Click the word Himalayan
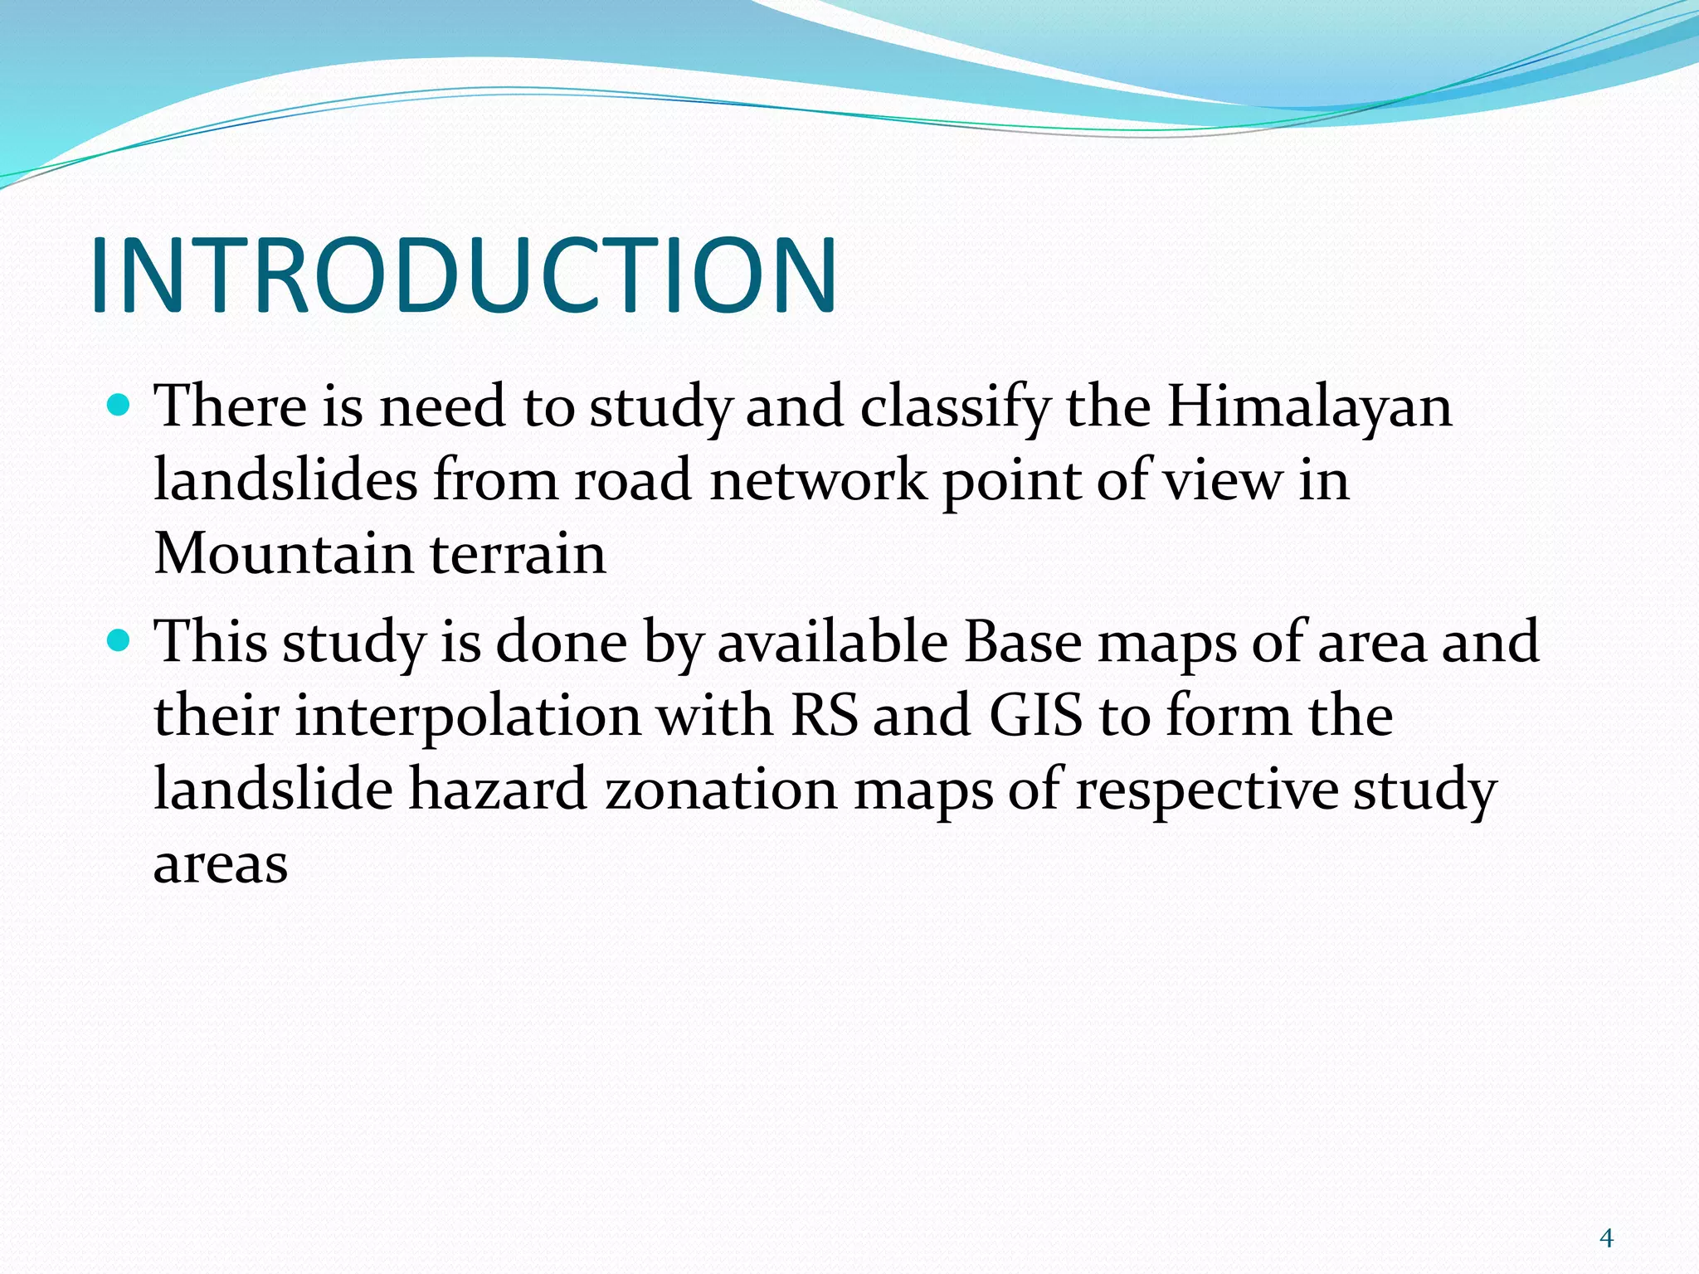pos(1309,408)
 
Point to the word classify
pos(954,408)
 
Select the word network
pos(818,481)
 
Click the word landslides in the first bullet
pos(285,481)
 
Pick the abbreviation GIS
pos(1035,716)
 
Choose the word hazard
pos(498,790)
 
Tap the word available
pos(832,643)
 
